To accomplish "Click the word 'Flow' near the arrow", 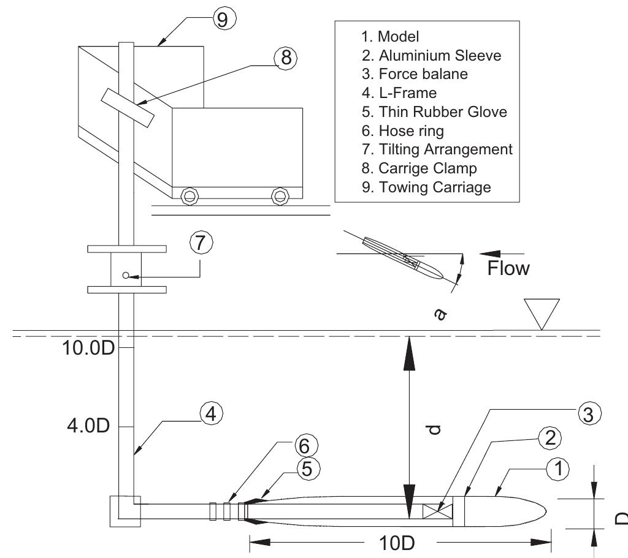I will pos(508,269).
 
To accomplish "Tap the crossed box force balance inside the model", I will pos(438,510).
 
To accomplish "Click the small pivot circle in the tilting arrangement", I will pos(126,276).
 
